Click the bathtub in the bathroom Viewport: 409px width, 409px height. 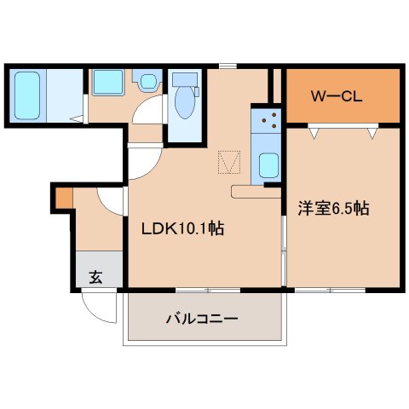click(x=27, y=95)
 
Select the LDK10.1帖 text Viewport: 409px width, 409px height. click(x=182, y=228)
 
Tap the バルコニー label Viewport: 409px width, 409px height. click(x=202, y=320)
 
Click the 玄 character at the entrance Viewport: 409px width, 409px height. click(x=95, y=276)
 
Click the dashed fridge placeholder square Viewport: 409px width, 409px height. click(x=229, y=161)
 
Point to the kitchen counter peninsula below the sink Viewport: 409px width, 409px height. click(x=256, y=191)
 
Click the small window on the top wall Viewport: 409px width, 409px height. click(x=227, y=66)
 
